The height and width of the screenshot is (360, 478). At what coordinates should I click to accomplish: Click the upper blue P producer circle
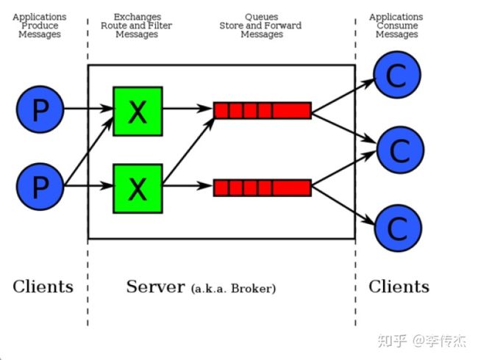pyautogui.click(x=40, y=109)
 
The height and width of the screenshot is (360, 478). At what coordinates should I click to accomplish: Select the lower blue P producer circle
pyautogui.click(x=40, y=187)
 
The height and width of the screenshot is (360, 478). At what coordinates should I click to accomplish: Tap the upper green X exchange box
pyautogui.click(x=138, y=111)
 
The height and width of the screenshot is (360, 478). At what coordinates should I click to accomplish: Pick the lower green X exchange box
pyautogui.click(x=138, y=189)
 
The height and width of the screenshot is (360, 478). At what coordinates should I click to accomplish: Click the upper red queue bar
pyautogui.click(x=263, y=110)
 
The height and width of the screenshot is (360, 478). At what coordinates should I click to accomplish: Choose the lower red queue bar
pyautogui.click(x=263, y=187)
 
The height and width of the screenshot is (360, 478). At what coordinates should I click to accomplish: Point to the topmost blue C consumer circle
pyautogui.click(x=397, y=75)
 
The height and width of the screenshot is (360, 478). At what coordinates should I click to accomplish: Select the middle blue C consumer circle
pyautogui.click(x=400, y=150)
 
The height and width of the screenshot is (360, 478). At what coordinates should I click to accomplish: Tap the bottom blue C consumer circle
pyautogui.click(x=398, y=228)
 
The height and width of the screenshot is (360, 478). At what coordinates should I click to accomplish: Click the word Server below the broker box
pyautogui.click(x=155, y=287)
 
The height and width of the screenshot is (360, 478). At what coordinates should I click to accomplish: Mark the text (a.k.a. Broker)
pyautogui.click(x=234, y=289)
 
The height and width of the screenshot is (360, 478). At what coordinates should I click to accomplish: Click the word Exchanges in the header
pyautogui.click(x=138, y=17)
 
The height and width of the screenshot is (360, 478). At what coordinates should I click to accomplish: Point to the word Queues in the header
pyautogui.click(x=262, y=17)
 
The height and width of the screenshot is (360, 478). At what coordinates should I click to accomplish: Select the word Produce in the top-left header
pyautogui.click(x=40, y=26)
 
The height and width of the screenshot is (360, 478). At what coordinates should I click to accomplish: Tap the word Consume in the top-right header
pyautogui.click(x=397, y=26)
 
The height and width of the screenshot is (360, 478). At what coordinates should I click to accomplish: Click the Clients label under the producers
pyautogui.click(x=43, y=287)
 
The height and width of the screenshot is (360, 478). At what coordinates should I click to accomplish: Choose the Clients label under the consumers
pyautogui.click(x=399, y=287)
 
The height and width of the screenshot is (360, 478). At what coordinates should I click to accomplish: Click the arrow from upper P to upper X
pyautogui.click(x=88, y=108)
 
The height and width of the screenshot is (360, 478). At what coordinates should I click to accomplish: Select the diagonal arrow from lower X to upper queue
pyautogui.click(x=189, y=151)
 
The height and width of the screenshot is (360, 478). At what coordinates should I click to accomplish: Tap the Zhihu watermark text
pyautogui.click(x=422, y=341)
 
